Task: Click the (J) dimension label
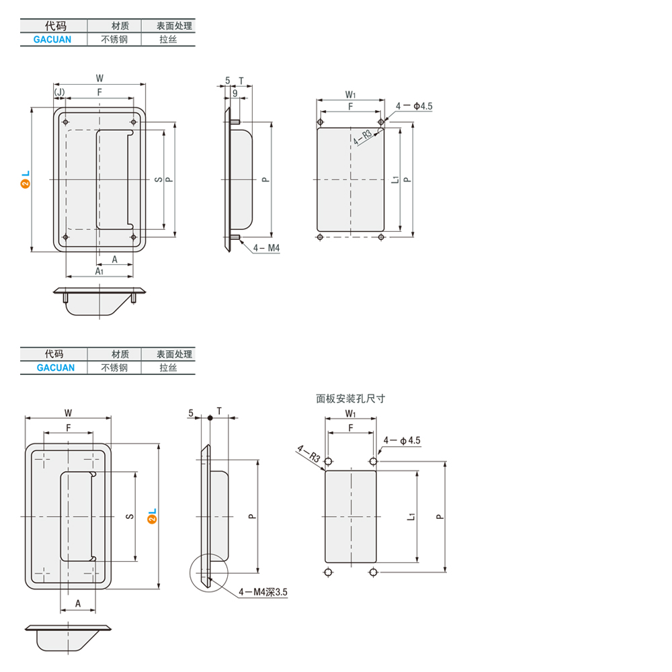[59, 92]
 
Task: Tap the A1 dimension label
[99, 271]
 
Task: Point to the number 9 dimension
[235, 93]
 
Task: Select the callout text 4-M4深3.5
[263, 592]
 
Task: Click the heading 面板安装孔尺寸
[351, 398]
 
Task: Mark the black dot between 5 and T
[210, 418]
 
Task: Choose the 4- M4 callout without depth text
[266, 248]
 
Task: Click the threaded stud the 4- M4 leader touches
[235, 237]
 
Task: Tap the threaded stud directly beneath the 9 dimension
[235, 122]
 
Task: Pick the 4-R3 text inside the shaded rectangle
[363, 137]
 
